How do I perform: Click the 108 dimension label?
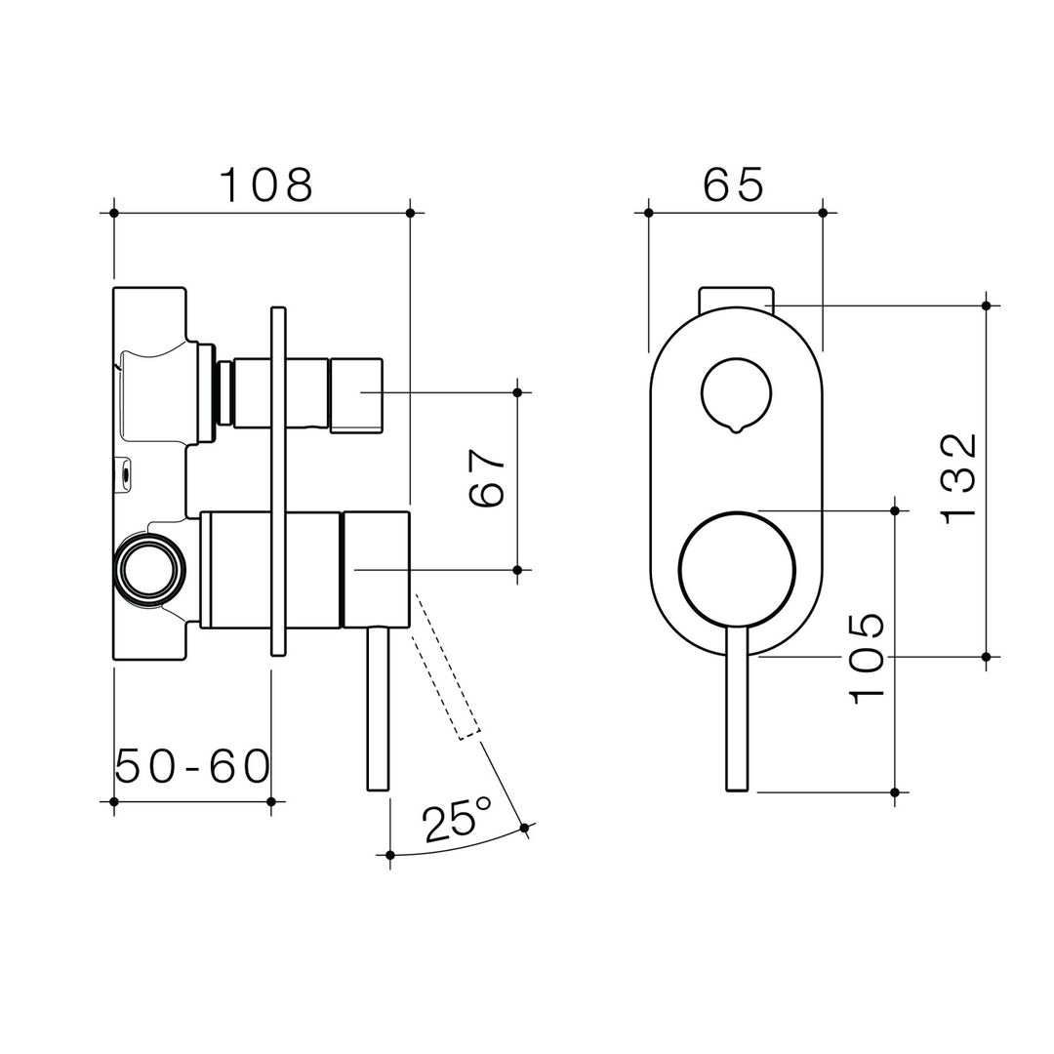(265, 185)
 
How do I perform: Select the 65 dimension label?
(734, 184)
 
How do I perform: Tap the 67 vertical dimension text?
(486, 479)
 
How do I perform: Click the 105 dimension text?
(867, 659)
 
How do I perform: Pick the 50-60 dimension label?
(192, 767)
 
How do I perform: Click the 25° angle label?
(457, 820)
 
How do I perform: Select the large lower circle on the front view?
(737, 569)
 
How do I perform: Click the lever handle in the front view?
(737, 712)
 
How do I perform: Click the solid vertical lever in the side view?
(379, 708)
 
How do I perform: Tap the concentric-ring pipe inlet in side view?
(149, 569)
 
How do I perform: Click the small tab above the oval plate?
(736, 298)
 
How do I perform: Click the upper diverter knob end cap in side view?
(355, 394)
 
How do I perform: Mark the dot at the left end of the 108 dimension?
(114, 213)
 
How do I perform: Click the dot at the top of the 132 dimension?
(986, 305)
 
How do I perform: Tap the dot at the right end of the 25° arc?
(524, 828)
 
